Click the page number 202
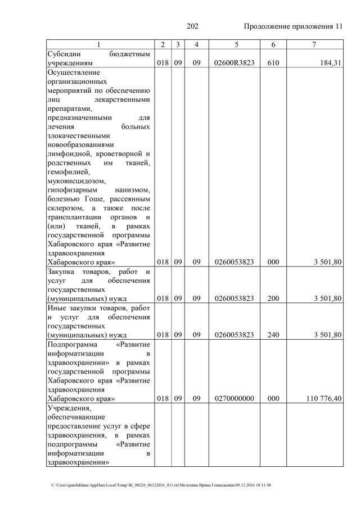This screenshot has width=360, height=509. point(192,26)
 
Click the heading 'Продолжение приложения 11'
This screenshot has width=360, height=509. point(292,26)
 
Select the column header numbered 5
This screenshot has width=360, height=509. point(235,44)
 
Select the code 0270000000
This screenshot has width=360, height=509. point(235,399)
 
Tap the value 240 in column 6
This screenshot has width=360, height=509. point(273,335)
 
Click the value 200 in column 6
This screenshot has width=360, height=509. point(273,298)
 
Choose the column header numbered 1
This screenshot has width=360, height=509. point(99,44)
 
